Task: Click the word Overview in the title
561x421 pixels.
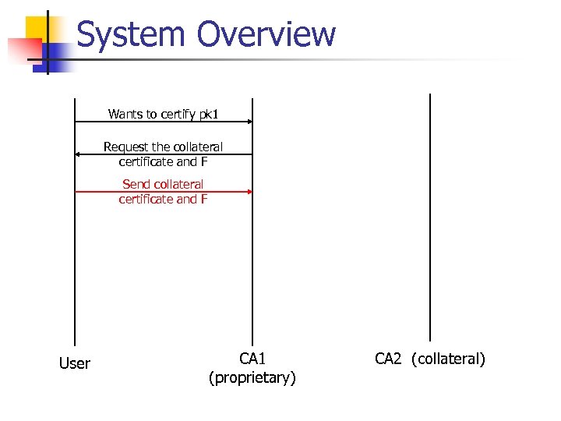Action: point(266,35)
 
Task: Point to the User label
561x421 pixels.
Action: point(75,363)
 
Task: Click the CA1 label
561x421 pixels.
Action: point(252,359)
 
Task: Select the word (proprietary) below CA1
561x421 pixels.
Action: point(252,378)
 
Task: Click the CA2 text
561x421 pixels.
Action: point(389,359)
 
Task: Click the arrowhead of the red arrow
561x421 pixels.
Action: point(249,191)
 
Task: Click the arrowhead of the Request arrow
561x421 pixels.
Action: point(78,154)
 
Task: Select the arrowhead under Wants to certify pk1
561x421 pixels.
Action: point(249,122)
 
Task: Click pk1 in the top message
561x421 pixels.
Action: point(209,115)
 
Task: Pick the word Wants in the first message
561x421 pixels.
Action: point(123,115)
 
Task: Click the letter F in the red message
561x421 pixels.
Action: point(204,199)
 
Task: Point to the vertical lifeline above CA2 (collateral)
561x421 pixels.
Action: point(430,218)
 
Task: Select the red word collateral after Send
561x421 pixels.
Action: point(178,184)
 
